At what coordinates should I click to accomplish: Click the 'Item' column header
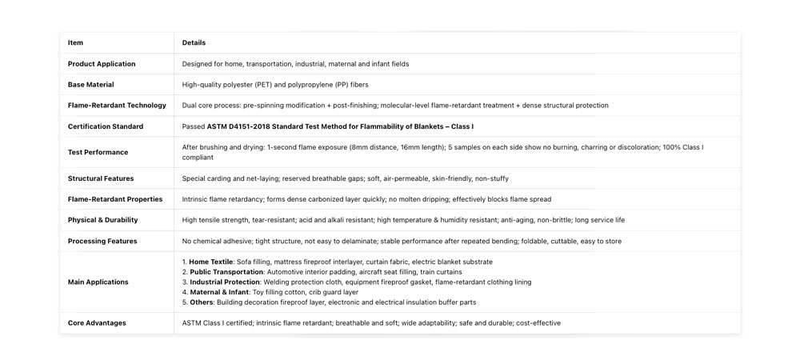75,43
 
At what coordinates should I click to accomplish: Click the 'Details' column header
194,43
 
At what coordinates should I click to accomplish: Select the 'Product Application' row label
102,64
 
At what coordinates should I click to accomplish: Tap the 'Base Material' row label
91,85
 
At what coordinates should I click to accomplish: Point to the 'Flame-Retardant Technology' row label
117,106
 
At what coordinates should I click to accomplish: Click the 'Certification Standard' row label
106,126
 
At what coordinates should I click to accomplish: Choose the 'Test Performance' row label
98,152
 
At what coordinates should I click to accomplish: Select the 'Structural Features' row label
101,178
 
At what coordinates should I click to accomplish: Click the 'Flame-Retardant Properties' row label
115,199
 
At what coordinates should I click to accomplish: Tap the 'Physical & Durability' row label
102,220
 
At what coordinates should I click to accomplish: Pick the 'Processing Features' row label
102,241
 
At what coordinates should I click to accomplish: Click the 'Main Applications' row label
98,282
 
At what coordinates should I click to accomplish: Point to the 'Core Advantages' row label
97,323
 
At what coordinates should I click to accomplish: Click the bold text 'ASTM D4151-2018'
238,126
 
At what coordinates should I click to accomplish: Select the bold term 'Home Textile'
211,262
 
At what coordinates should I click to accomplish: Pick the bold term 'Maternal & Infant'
218,292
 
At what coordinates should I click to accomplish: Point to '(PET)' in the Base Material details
264,85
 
